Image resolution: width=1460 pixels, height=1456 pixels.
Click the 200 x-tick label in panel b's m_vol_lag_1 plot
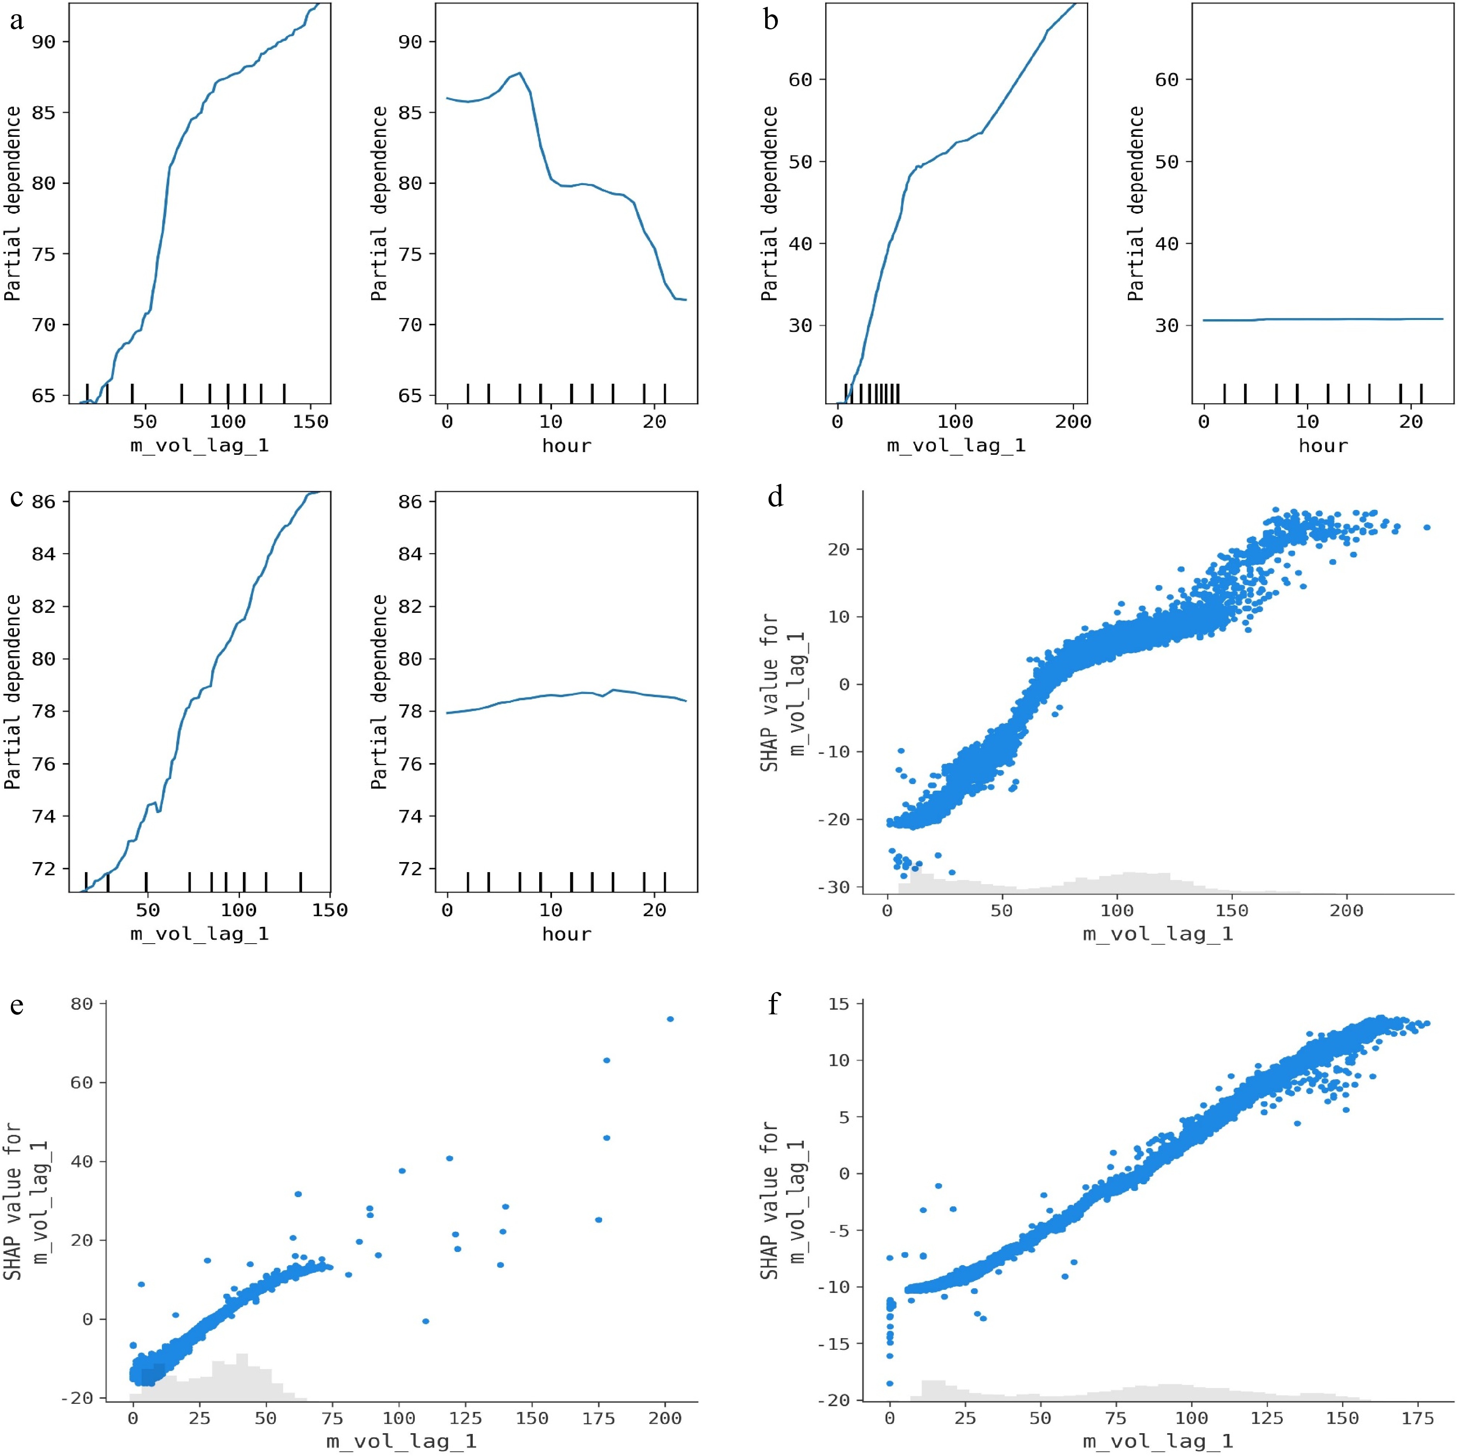tap(1073, 422)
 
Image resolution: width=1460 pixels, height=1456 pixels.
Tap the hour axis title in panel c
tap(566, 934)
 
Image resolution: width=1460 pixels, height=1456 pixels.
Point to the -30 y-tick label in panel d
tap(834, 887)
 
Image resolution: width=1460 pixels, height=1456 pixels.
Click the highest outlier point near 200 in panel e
tap(669, 1019)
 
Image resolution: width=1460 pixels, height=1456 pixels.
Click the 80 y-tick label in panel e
tap(81, 1004)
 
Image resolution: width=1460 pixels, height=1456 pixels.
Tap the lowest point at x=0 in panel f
tap(890, 1383)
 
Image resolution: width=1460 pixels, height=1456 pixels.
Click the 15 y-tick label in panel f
tap(839, 1004)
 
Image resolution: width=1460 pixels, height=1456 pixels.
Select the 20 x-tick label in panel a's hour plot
tap(654, 422)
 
